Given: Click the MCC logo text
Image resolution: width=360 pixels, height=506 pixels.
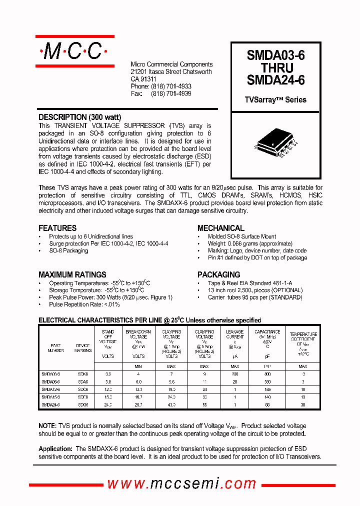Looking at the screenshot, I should click(74, 51).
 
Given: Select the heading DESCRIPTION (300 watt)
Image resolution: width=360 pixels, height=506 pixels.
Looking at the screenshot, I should click(79, 117).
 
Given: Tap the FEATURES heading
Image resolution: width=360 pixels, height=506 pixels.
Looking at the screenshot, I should click(57, 228).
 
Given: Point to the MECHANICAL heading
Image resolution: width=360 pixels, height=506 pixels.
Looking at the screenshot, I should click(221, 228).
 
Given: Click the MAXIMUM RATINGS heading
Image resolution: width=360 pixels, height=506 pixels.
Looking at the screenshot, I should click(72, 274).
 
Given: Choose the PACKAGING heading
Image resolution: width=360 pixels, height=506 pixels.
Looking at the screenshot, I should click(218, 274).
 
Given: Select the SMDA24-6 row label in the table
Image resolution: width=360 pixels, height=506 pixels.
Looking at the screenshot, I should click(50, 404).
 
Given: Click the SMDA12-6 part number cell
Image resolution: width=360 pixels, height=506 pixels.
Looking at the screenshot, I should click(50, 389).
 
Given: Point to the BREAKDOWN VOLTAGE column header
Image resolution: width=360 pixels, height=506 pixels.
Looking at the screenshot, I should click(138, 334).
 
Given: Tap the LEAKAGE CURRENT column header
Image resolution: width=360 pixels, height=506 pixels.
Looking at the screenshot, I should click(235, 334).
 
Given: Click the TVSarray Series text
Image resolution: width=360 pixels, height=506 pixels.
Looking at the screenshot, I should click(275, 100).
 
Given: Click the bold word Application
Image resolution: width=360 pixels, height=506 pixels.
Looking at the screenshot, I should click(55, 449).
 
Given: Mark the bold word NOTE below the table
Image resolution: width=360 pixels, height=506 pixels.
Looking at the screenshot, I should click(47, 425).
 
